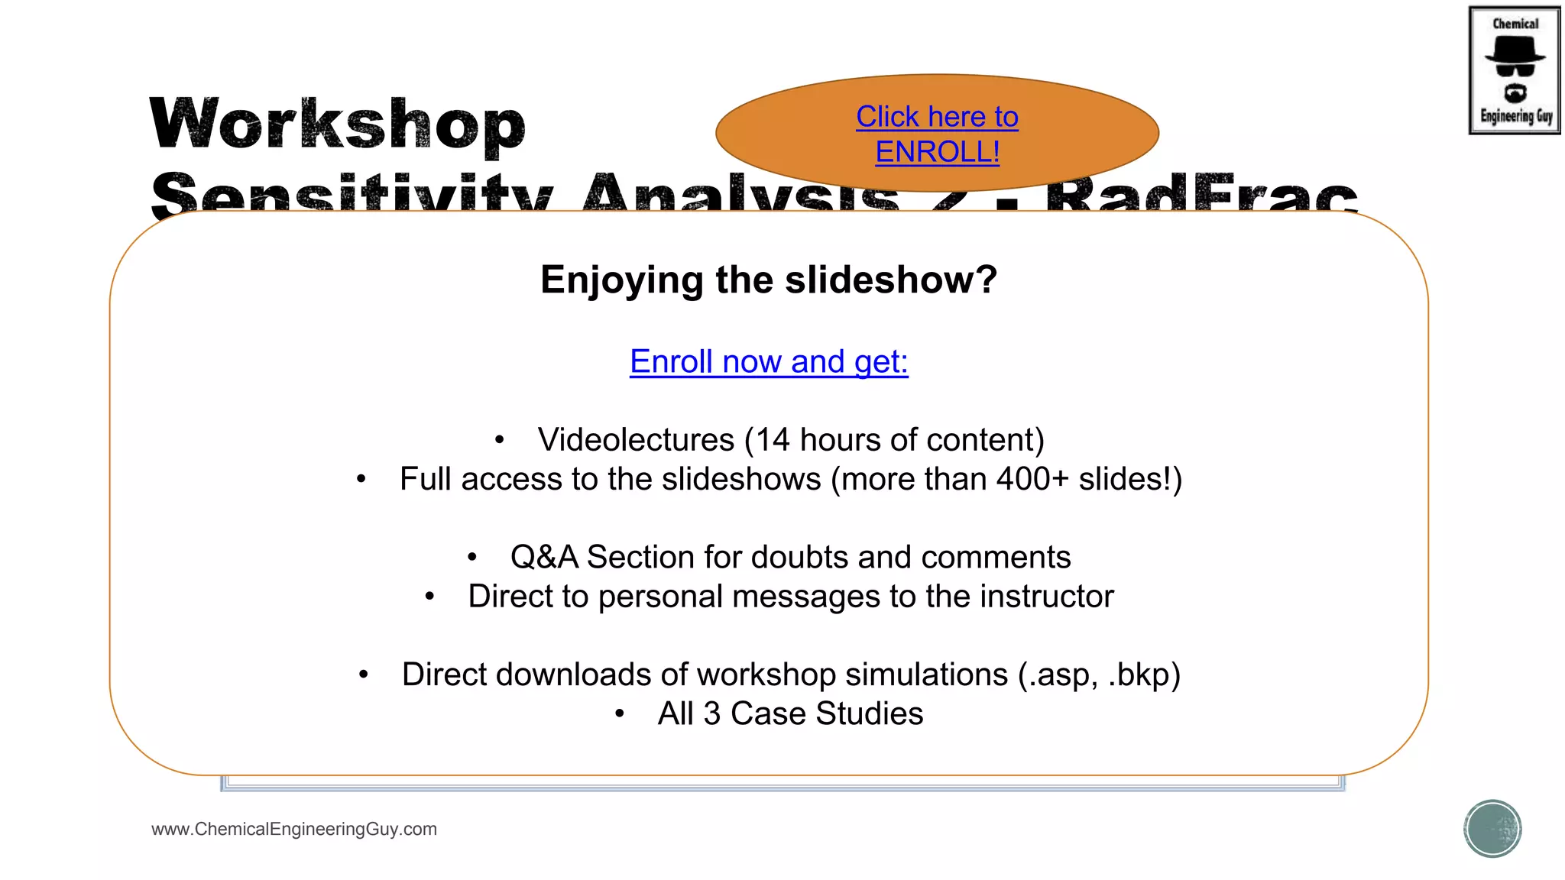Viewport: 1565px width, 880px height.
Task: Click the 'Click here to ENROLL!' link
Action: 937,134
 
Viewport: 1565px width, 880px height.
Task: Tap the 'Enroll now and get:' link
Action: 769,361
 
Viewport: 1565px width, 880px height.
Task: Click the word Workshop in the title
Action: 337,124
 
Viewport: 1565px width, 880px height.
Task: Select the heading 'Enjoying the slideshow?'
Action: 769,280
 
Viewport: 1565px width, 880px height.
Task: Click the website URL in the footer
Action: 294,829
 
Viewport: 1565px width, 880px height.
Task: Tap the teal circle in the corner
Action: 1492,829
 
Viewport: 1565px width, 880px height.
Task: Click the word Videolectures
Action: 636,440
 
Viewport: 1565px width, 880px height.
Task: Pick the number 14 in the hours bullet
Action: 773,440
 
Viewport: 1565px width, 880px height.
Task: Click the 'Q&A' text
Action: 544,558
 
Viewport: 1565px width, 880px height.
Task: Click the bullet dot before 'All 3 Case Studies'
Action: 620,714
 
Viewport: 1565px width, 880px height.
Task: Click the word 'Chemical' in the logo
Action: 1515,24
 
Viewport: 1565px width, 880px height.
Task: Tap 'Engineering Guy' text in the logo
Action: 1516,116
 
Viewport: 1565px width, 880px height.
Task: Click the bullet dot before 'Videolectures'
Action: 499,440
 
